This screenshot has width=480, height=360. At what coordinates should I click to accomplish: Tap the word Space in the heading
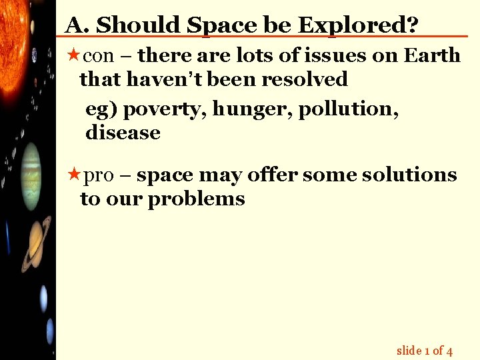tap(221, 26)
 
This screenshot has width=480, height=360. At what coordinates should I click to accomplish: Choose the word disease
tap(123, 133)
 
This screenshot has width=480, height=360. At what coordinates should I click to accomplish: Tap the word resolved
tap(304, 79)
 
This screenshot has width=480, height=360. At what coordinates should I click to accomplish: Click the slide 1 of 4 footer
tap(425, 350)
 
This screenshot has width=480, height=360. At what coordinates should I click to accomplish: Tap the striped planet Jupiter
tap(31, 177)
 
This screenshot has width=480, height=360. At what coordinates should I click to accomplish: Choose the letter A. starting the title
tap(77, 26)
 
